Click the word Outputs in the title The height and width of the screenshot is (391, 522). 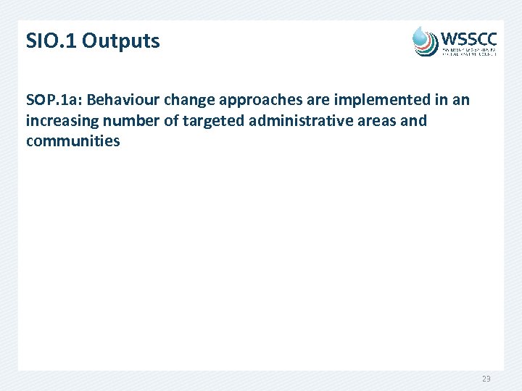[121, 41]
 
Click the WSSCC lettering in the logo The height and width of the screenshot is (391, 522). [469, 37]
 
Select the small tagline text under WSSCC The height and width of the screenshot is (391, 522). [469, 50]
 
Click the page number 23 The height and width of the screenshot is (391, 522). [485, 379]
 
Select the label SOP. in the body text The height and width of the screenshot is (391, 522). [41, 100]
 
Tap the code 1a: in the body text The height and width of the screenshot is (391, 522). [70, 100]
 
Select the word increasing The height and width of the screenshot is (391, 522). [60, 120]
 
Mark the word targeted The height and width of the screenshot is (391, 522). [210, 120]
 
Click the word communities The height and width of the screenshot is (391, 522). [72, 140]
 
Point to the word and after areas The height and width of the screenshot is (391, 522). [413, 120]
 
